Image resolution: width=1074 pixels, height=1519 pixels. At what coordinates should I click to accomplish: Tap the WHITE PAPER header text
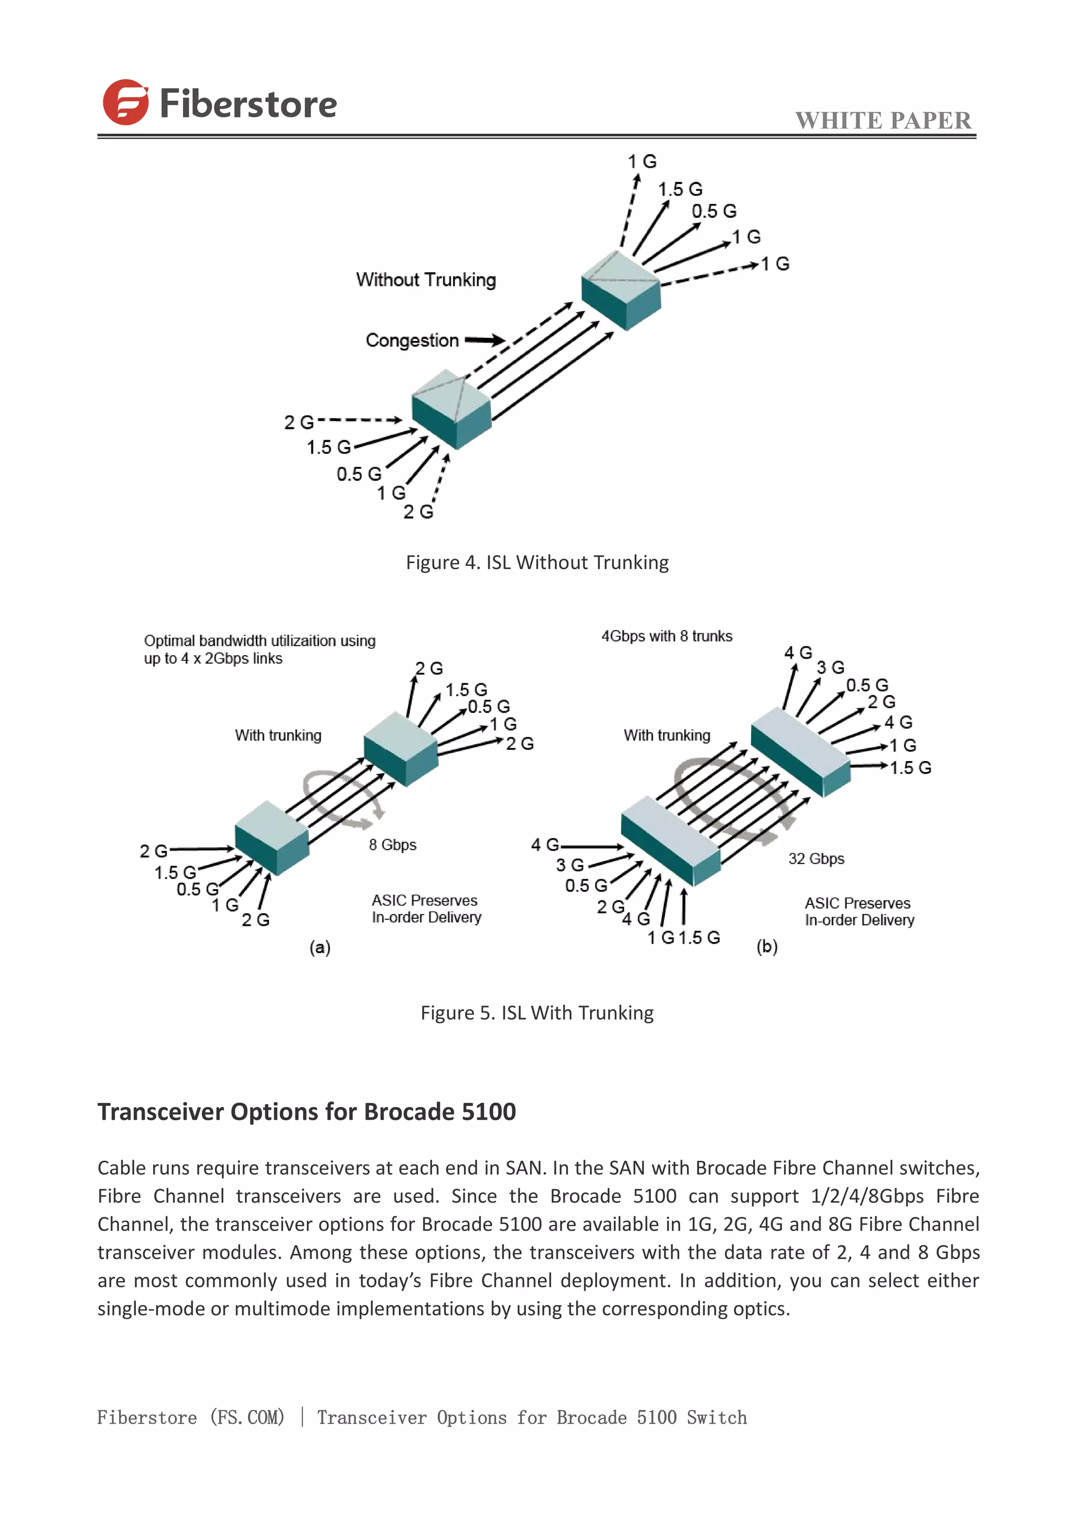[883, 121]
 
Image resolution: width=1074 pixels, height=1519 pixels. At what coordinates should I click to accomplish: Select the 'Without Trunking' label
[426, 280]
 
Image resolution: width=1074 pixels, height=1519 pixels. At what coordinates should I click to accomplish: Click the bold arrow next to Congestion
[485, 340]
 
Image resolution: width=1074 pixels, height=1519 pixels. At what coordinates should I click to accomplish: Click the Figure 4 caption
[537, 562]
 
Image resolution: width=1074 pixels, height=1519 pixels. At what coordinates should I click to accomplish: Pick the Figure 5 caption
[537, 1013]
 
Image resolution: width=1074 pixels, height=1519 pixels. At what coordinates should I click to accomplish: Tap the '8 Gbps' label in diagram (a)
[393, 845]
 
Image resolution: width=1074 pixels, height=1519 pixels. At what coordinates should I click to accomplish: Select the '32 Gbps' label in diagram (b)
[816, 859]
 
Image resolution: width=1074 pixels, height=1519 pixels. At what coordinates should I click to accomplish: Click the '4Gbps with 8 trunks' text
[667, 636]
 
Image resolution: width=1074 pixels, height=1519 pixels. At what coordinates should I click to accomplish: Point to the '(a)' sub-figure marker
[320, 947]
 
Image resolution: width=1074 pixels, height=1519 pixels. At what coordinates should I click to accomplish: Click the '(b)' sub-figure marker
[767, 947]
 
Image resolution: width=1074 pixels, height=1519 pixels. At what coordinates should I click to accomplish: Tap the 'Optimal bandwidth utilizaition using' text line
[259, 640]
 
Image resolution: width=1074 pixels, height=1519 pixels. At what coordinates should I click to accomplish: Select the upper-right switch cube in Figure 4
[621, 289]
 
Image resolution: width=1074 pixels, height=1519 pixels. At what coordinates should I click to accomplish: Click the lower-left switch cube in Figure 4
[452, 408]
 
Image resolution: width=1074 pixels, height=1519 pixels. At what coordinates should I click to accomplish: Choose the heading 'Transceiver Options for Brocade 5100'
[307, 1112]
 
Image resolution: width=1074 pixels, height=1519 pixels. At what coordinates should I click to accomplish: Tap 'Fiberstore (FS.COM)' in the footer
[190, 1417]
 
